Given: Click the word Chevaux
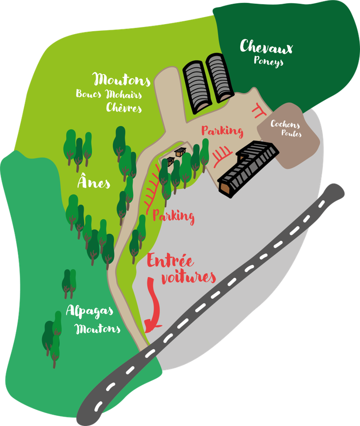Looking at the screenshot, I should [266, 47].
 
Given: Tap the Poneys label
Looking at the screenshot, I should [268, 61].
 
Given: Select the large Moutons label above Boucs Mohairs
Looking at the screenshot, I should [122, 80].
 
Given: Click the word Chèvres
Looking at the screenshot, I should [124, 108].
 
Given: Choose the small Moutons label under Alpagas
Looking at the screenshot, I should [98, 328].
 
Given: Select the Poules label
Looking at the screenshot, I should [291, 134].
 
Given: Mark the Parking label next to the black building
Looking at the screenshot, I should [222, 131].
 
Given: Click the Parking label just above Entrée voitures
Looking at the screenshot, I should [173, 217].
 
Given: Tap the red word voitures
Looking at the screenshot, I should [188, 277].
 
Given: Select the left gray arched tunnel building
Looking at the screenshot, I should [196, 86].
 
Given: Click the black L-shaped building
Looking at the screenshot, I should [247, 167].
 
